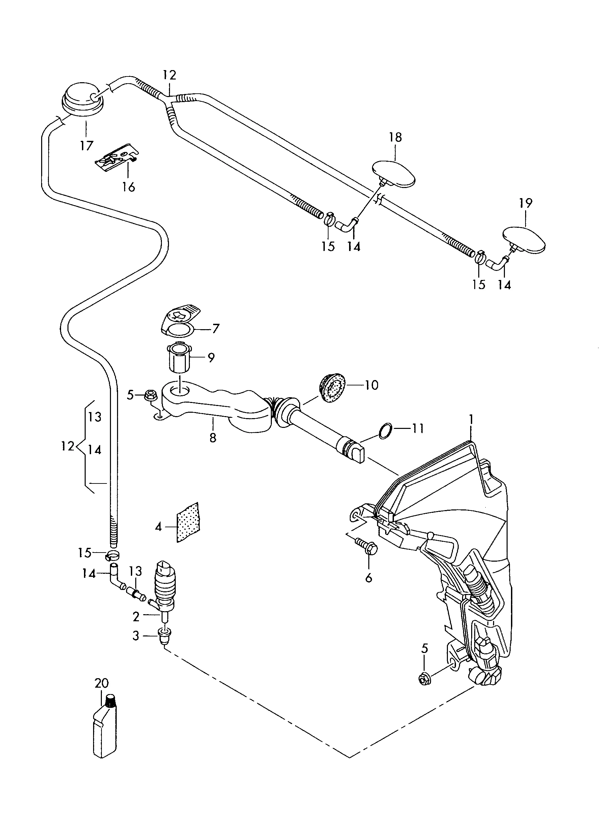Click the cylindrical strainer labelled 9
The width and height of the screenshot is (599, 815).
(179, 357)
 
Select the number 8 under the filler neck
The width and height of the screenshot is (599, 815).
(213, 437)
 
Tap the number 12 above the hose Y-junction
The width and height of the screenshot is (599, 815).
(169, 75)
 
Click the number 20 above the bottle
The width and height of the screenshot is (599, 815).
(102, 684)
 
